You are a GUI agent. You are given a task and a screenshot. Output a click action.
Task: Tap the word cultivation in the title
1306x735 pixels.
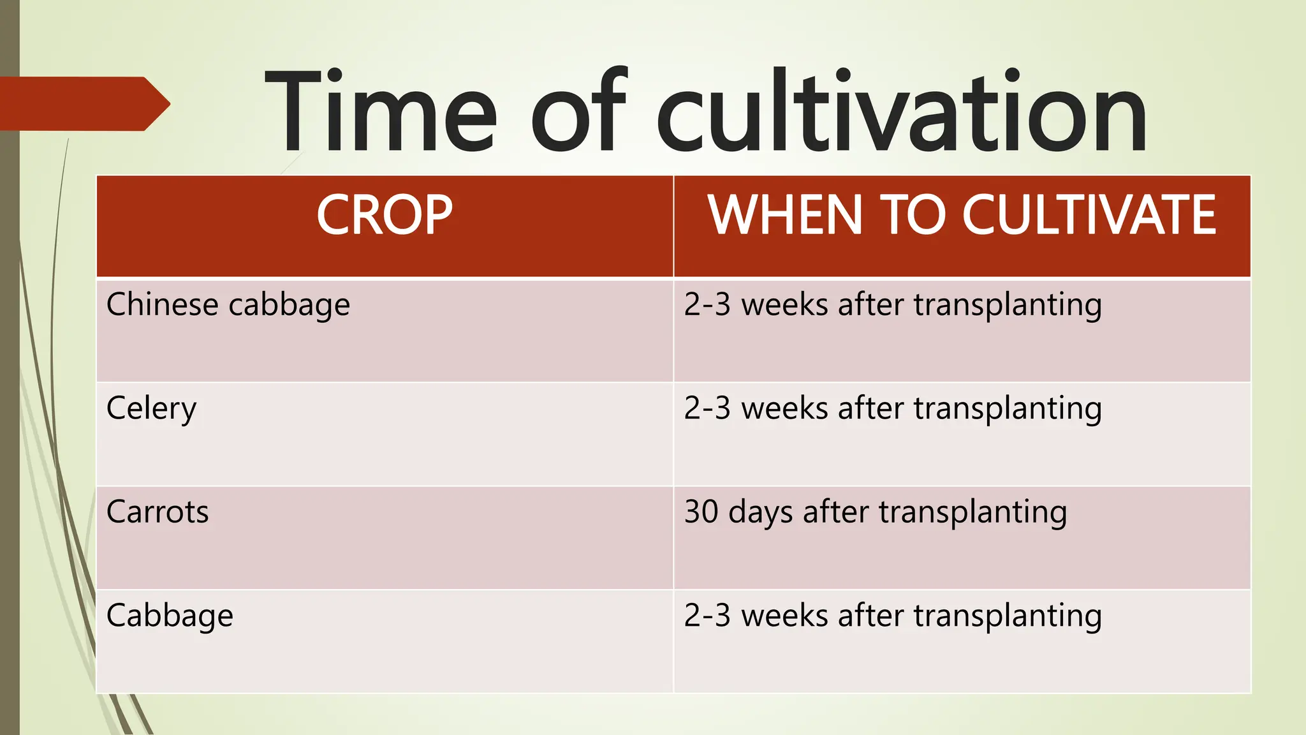[901, 112]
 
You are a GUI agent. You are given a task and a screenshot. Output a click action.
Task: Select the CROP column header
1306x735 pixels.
[385, 216]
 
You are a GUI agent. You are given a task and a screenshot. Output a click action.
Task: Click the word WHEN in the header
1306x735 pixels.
[786, 216]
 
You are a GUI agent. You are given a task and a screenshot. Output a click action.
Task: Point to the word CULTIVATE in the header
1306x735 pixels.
[1089, 216]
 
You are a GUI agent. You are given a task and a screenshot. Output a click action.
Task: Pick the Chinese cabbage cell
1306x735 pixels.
[228, 305]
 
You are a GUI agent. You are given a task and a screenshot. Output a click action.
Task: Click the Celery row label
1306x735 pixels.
[151, 409]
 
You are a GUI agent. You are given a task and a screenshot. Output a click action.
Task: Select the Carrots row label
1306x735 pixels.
[157, 512]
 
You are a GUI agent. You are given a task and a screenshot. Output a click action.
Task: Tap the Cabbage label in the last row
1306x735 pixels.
[170, 616]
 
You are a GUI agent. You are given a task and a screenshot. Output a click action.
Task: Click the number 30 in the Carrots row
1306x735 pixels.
[701, 512]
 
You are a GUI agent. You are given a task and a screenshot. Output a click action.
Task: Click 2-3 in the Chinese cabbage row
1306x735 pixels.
[707, 305]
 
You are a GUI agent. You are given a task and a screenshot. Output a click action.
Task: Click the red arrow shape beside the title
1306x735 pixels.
[83, 104]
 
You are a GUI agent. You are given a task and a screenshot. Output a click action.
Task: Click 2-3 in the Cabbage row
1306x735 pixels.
[707, 616]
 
